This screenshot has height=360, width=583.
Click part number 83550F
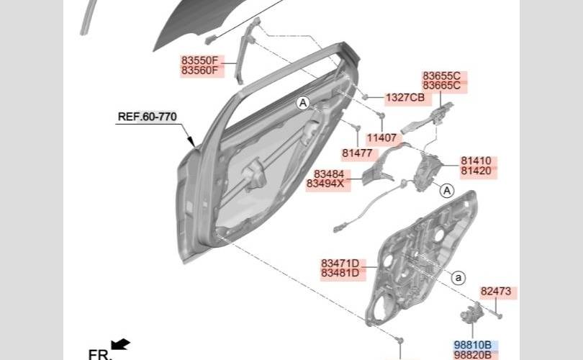(x=199, y=60)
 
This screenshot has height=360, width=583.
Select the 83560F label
(x=199, y=71)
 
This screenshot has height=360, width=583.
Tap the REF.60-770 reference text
(x=148, y=117)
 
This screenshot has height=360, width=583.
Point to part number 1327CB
(x=405, y=98)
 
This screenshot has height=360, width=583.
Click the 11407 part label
(x=382, y=138)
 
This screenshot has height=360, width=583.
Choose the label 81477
(x=357, y=153)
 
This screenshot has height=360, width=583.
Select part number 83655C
(x=442, y=76)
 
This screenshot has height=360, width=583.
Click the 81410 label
(x=476, y=161)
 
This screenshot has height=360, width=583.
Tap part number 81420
(x=476, y=171)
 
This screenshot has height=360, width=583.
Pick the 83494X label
(x=325, y=184)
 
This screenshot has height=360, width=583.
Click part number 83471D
(x=340, y=264)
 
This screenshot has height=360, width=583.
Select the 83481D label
(x=340, y=274)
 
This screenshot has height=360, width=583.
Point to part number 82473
(x=496, y=291)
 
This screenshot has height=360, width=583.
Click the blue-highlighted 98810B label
(x=473, y=345)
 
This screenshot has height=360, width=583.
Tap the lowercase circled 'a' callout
(x=458, y=278)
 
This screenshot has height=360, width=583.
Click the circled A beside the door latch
(x=447, y=191)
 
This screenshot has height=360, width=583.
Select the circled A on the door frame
(x=303, y=103)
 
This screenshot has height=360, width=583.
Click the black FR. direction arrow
(x=121, y=344)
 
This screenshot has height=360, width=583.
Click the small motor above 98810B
(x=471, y=312)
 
